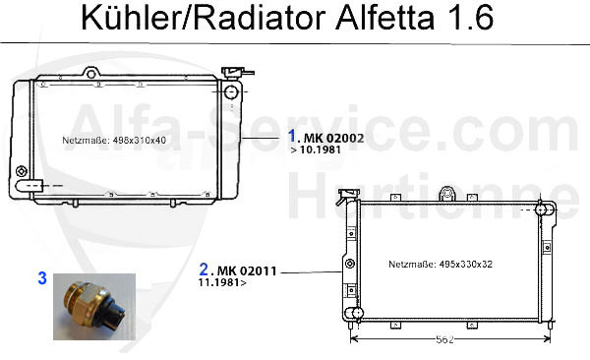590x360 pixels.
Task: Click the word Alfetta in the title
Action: coord(384,18)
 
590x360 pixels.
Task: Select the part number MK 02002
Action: coord(333,139)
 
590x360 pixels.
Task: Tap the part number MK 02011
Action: coord(247,270)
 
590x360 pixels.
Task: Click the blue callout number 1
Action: coord(292,136)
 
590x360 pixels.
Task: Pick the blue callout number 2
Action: coord(204,270)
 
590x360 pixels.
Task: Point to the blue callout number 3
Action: coord(42,278)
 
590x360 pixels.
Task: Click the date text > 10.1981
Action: coord(316,150)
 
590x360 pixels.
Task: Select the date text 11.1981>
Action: coord(222,282)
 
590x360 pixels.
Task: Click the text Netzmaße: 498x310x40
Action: coord(114,140)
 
